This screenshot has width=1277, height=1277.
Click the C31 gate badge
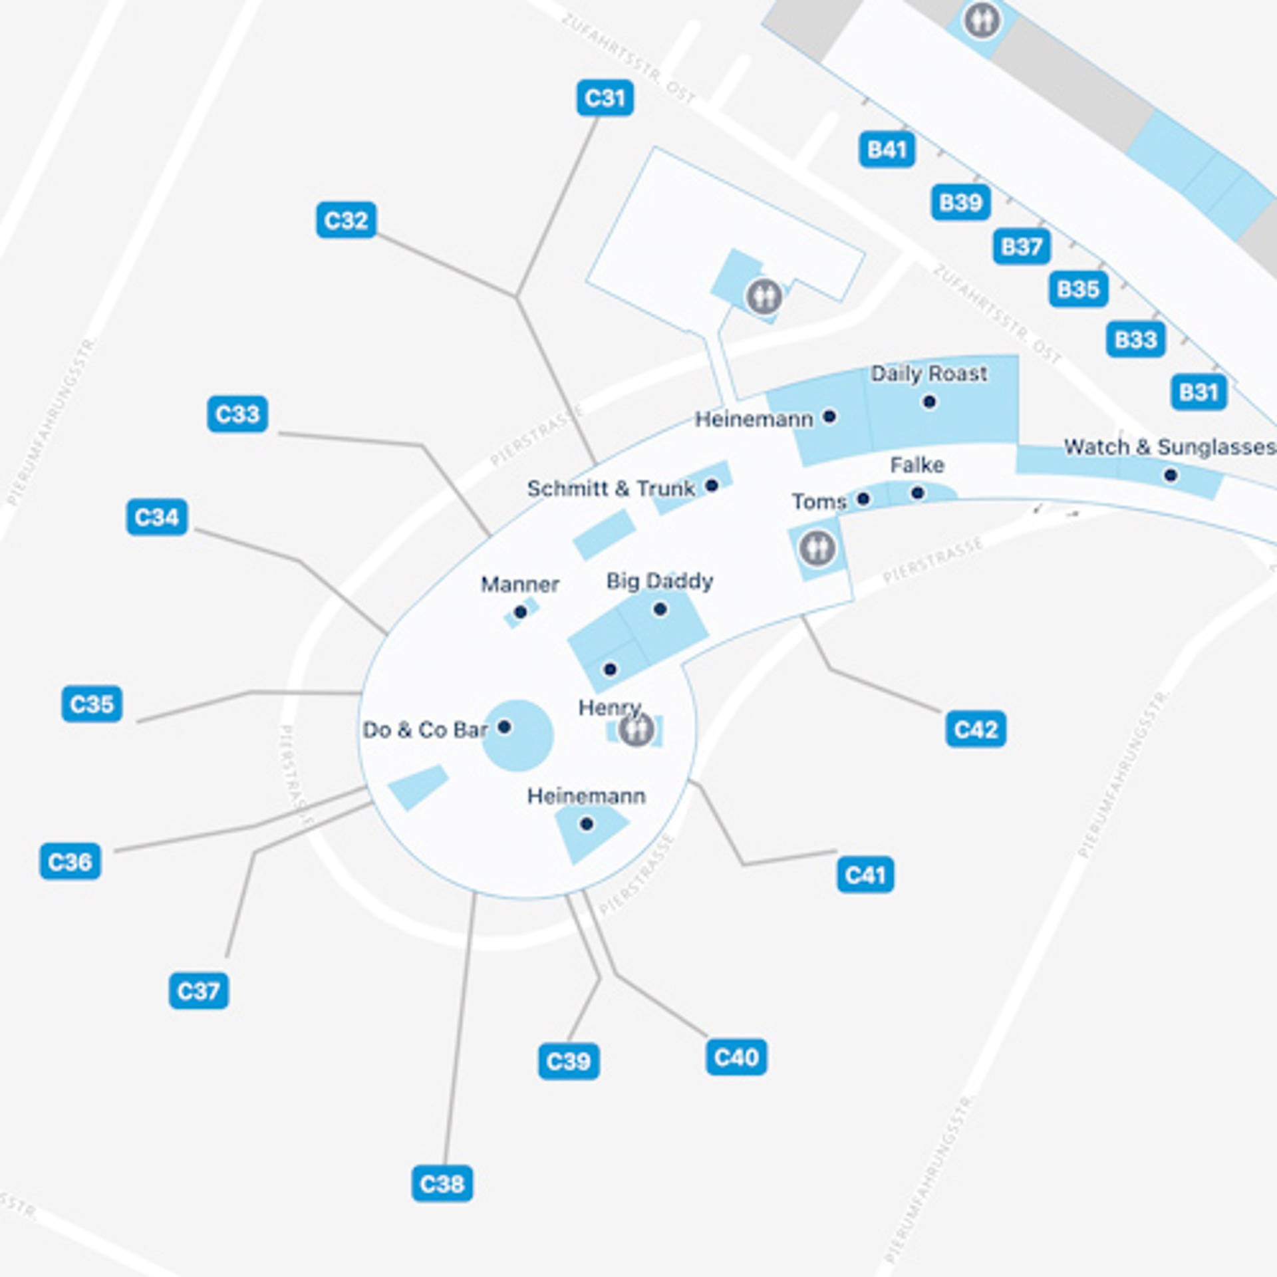[605, 98]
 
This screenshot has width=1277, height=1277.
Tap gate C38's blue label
[442, 1183]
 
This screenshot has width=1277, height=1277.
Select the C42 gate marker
[975, 729]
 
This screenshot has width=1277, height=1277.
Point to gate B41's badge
[887, 150]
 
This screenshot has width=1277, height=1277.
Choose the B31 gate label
[1199, 392]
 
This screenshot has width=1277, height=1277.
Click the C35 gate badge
[92, 704]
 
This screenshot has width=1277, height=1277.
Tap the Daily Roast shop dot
[929, 402]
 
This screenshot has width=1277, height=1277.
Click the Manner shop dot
[521, 612]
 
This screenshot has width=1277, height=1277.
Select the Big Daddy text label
[659, 581]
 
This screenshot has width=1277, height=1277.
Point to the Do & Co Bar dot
[504, 726]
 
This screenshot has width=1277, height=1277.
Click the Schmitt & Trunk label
[611, 488]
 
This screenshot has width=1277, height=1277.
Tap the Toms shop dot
[863, 499]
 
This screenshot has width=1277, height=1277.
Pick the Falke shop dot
[918, 493]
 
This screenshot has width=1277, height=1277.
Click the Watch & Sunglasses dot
[1171, 475]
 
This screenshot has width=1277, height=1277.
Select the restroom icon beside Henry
[637, 730]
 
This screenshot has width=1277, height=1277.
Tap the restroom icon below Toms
[817, 548]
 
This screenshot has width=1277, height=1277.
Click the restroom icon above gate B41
[982, 20]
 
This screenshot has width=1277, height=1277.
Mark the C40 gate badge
[736, 1057]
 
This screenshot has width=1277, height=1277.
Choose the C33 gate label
[237, 414]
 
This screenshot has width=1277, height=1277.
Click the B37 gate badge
[1022, 247]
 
